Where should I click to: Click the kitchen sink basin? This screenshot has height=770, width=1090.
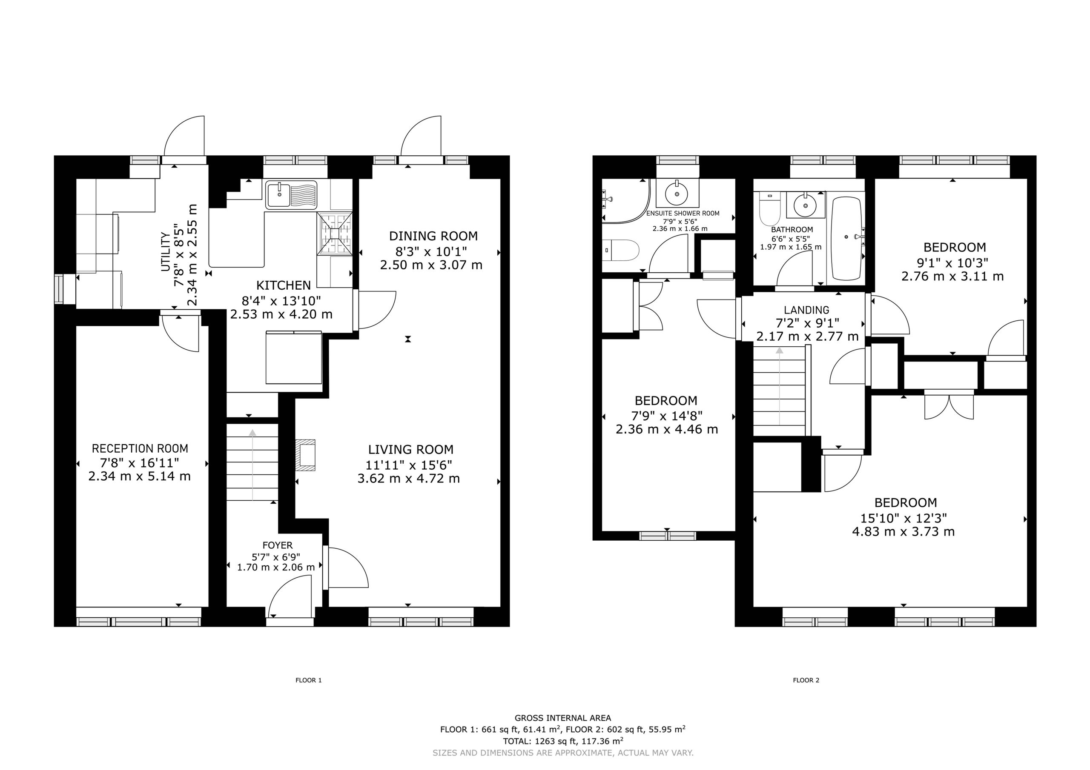[x=278, y=194]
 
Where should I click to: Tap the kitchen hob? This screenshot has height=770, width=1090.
[x=336, y=234]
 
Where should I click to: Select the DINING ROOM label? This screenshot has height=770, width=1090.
[x=433, y=236]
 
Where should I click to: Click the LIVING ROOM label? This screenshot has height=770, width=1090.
[x=410, y=449]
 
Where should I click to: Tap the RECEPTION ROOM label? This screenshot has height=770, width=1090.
[x=140, y=448]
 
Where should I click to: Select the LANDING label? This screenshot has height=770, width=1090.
[x=806, y=310]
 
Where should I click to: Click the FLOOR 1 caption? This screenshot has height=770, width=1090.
[x=309, y=680]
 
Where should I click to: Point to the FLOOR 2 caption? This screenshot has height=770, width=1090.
[x=806, y=680]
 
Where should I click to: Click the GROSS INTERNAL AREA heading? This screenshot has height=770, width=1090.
[x=562, y=718]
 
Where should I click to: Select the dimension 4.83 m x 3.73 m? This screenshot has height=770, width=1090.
[x=904, y=532]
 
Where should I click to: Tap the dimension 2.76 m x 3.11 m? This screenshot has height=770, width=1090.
[x=953, y=276]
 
